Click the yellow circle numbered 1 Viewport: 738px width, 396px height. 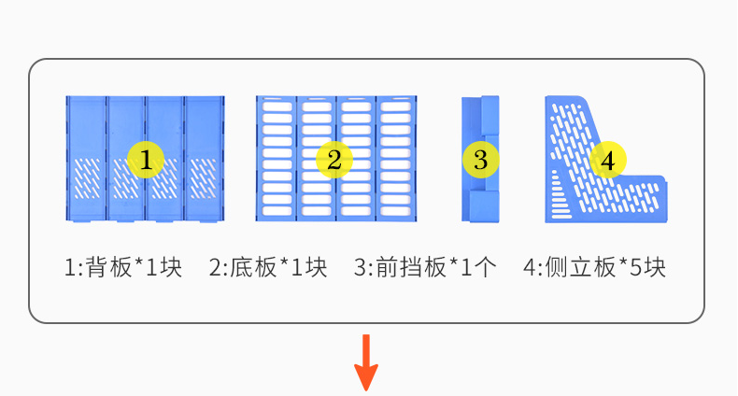pyautogui.click(x=146, y=160)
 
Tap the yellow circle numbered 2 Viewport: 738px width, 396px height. pyautogui.click(x=334, y=160)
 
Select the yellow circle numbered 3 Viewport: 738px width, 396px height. pyautogui.click(x=480, y=160)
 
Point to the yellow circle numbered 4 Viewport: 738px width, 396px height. pyautogui.click(x=607, y=160)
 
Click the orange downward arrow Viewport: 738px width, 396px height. pyautogui.click(x=366, y=362)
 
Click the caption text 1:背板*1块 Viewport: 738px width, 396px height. pyautogui.click(x=123, y=267)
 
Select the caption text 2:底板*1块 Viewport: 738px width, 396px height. pyautogui.click(x=268, y=267)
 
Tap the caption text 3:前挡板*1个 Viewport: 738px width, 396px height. pyautogui.click(x=425, y=267)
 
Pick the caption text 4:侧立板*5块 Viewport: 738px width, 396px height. pyautogui.click(x=595, y=267)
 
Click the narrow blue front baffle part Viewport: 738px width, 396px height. pyautogui.click(x=480, y=159)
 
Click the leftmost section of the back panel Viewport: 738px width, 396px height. pyautogui.click(x=86, y=159)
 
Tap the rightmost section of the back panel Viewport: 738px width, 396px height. pyautogui.click(x=205, y=159)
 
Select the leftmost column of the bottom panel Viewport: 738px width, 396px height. pyautogui.click(x=277, y=159)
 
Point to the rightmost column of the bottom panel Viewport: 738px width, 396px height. pyautogui.click(x=396, y=159)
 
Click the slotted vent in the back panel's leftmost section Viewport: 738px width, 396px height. pyautogui.click(x=87, y=178)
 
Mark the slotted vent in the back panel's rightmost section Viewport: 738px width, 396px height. pyautogui.click(x=203, y=178)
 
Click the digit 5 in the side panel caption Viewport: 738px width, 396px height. pyautogui.click(x=636, y=268)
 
